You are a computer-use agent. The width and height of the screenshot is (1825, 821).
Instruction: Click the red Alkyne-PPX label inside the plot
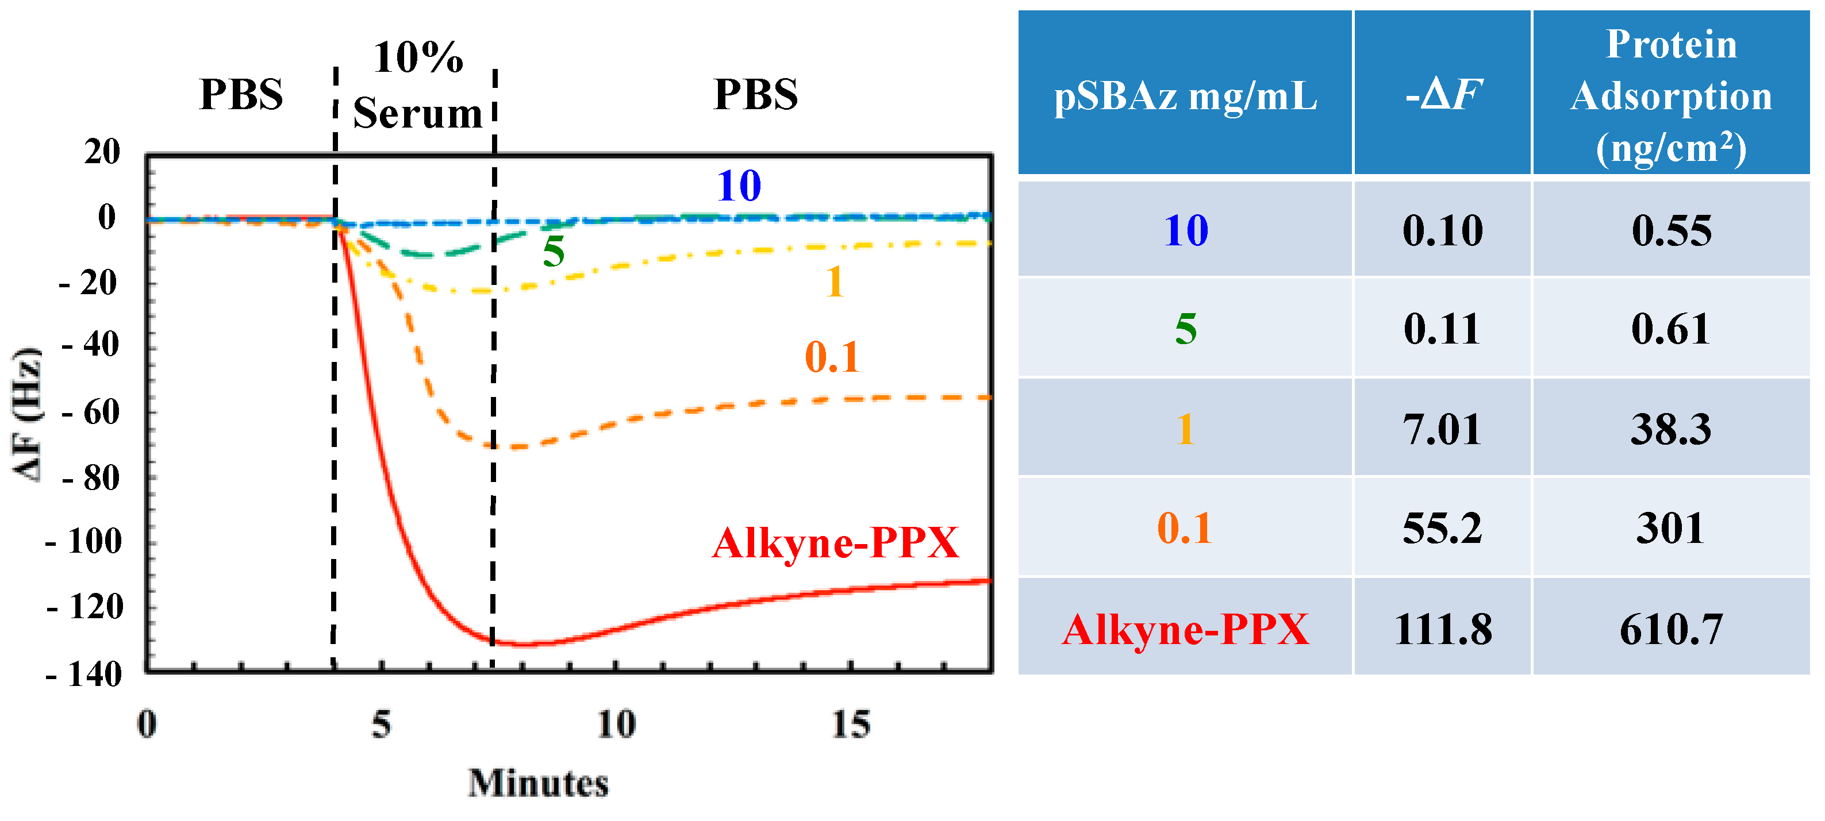(835, 544)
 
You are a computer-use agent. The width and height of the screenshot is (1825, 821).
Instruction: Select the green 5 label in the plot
(554, 252)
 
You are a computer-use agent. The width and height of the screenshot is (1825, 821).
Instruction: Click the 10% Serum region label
(418, 85)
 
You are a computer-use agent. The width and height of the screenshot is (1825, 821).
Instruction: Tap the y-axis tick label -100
(83, 542)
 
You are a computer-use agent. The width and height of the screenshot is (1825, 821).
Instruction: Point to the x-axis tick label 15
(850, 724)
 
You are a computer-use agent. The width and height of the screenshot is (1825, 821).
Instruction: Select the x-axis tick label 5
(381, 724)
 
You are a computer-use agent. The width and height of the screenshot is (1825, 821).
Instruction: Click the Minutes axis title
(539, 784)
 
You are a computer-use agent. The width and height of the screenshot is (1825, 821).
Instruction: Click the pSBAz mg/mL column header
(1185, 95)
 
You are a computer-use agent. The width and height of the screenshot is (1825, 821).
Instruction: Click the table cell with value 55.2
(1442, 529)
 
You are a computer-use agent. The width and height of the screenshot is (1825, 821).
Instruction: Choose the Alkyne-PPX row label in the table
(1185, 629)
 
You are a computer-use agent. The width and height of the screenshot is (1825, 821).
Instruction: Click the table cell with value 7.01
(1442, 429)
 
